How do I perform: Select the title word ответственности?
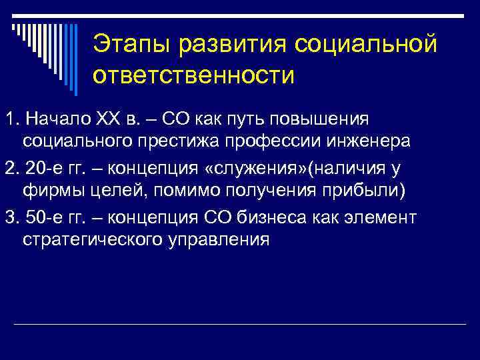(x=193, y=75)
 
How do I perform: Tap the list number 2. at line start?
(x=10, y=167)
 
